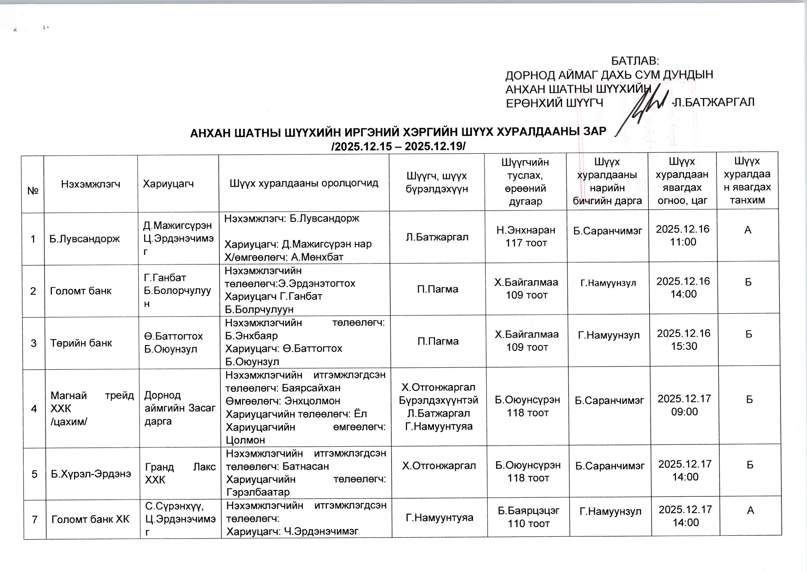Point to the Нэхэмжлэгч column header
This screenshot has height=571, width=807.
click(x=91, y=183)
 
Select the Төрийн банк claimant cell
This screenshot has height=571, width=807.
click(x=81, y=343)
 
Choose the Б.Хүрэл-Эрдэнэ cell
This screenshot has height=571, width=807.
click(x=91, y=474)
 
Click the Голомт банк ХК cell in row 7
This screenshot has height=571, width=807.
click(x=91, y=519)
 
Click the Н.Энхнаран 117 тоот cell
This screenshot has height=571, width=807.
click(x=526, y=236)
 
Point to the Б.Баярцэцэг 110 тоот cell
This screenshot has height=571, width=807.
click(x=528, y=517)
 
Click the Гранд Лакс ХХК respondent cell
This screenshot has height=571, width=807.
click(x=180, y=473)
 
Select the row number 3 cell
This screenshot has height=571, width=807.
click(x=34, y=343)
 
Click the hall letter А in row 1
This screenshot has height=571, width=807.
click(x=748, y=230)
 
